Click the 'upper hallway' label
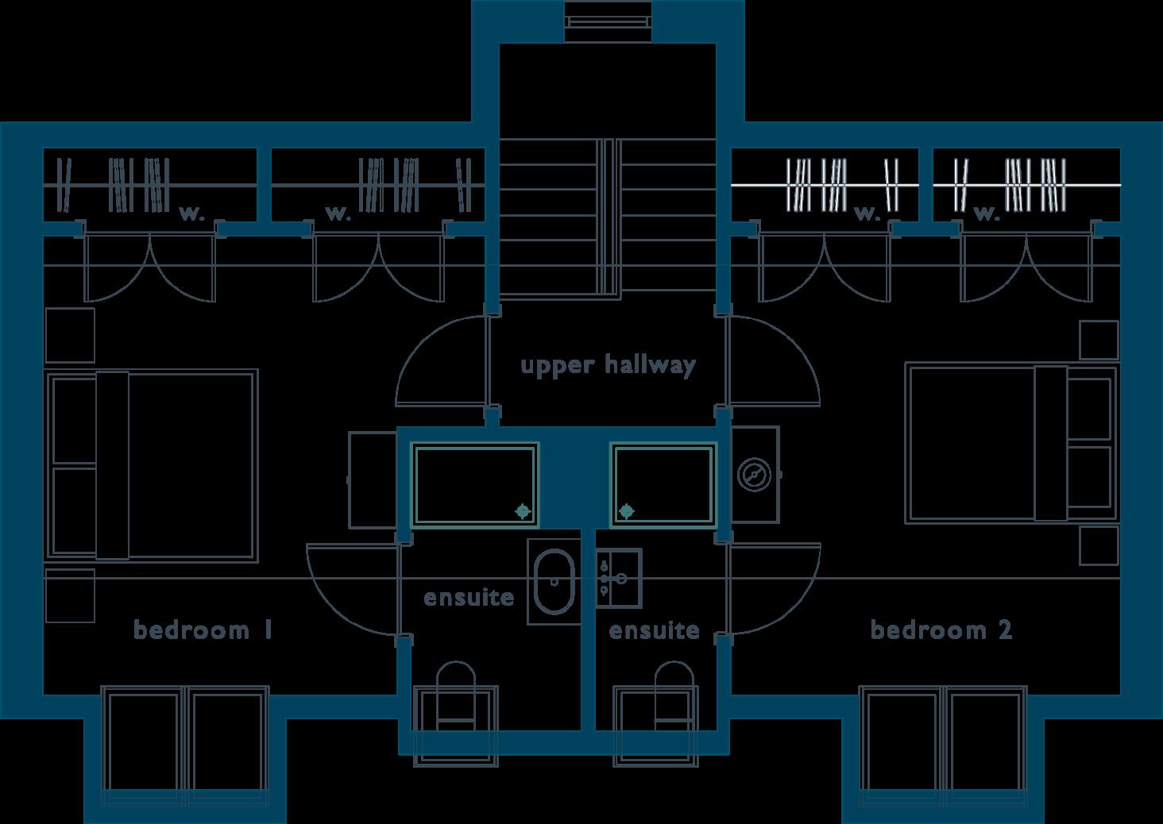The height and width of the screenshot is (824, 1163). point(608,365)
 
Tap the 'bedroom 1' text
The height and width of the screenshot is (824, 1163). point(203,630)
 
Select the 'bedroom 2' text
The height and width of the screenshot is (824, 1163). point(941,630)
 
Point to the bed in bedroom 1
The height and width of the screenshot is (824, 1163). point(153,464)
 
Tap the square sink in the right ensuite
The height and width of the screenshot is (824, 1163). point(618,577)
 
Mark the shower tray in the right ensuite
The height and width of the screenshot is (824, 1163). point(663,485)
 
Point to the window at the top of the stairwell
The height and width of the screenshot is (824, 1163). point(608,21)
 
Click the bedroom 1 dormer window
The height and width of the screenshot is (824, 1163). point(185,742)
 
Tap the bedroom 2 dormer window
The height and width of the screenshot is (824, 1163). point(944,742)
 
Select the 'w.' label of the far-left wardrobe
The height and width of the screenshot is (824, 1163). point(191,213)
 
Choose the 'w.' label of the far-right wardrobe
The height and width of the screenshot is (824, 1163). point(985,213)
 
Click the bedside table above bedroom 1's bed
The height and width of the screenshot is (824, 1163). point(70,335)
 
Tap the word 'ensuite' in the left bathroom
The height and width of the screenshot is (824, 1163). point(469,597)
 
